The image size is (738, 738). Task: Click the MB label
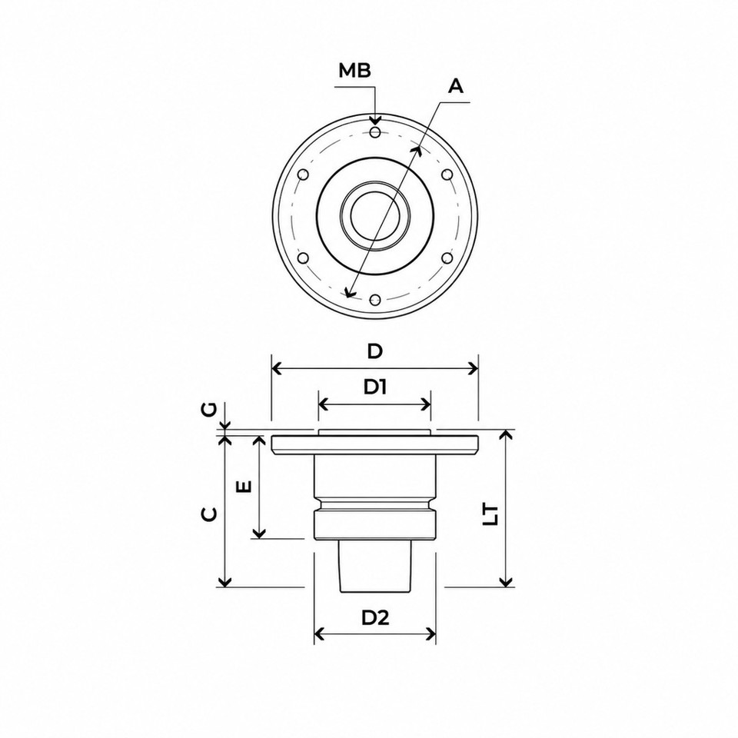(x=355, y=71)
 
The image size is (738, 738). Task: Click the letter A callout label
(x=455, y=86)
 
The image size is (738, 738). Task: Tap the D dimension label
(x=374, y=351)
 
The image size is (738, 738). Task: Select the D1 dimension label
(x=374, y=387)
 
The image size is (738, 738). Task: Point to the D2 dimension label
(x=375, y=618)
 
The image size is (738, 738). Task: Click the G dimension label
(x=210, y=409)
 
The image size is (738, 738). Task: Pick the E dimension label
(x=244, y=486)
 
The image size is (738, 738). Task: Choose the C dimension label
(x=209, y=514)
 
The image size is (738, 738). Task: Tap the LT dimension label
(x=491, y=515)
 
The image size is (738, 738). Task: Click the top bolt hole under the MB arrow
(x=375, y=131)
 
